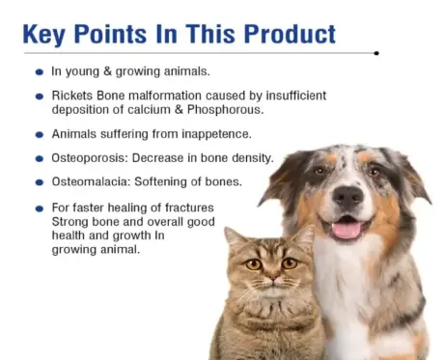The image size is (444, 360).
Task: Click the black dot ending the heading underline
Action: [x=376, y=53]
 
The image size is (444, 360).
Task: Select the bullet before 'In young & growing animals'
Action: [x=39, y=72]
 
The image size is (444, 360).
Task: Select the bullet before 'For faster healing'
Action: [x=39, y=208]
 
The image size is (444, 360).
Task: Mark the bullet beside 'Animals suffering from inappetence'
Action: [x=39, y=135]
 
